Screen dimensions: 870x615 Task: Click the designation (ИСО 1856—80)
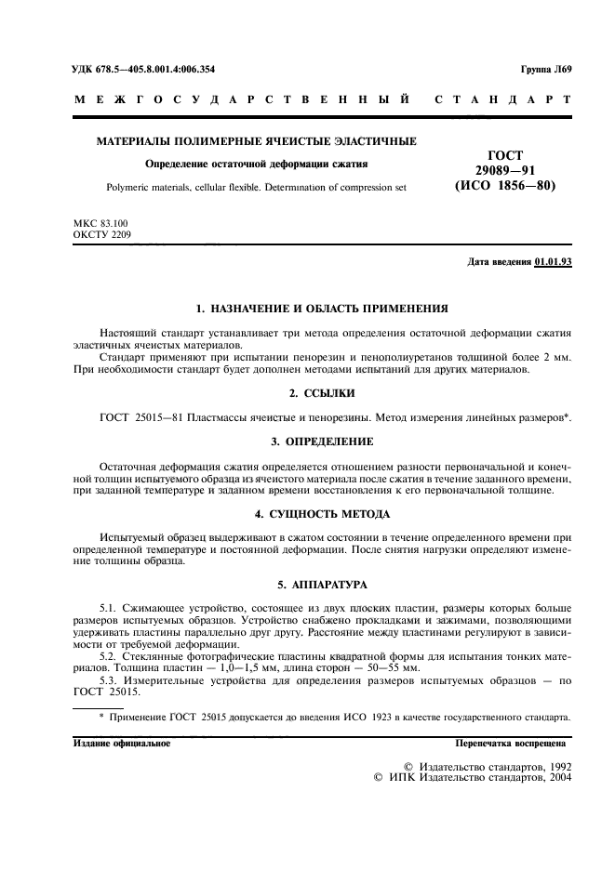point(504,185)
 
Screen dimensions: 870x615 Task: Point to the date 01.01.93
point(554,262)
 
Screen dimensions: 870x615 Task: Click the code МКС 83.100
point(100,225)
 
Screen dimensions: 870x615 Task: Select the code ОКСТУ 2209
point(101,236)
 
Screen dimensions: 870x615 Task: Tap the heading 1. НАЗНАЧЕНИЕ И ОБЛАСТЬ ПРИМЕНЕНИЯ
point(323,308)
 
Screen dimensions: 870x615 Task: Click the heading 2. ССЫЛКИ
point(322,393)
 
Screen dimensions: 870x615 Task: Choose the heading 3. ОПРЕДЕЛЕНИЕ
point(322,441)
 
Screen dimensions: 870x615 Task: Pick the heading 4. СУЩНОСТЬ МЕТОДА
point(322,513)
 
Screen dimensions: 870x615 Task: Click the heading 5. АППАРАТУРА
point(322,586)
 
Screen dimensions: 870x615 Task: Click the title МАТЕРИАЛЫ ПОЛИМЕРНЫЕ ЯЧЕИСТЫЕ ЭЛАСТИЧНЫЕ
point(257,142)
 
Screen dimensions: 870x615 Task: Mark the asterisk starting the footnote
point(101,717)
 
